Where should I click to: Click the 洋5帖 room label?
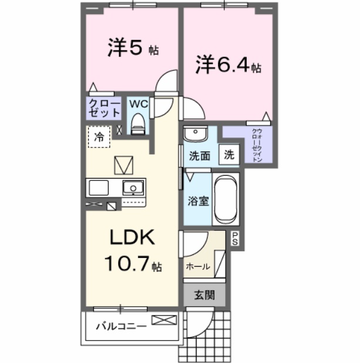pyautogui.click(x=133, y=49)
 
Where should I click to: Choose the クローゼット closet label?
pyautogui.click(x=104, y=107)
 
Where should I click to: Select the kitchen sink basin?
pyautogui.click(x=133, y=188)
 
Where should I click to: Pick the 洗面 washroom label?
pyautogui.click(x=200, y=156)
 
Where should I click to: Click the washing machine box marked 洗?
pyautogui.click(x=229, y=156)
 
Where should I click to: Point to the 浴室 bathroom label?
pyautogui.click(x=197, y=201)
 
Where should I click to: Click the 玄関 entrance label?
pyautogui.click(x=204, y=295)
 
